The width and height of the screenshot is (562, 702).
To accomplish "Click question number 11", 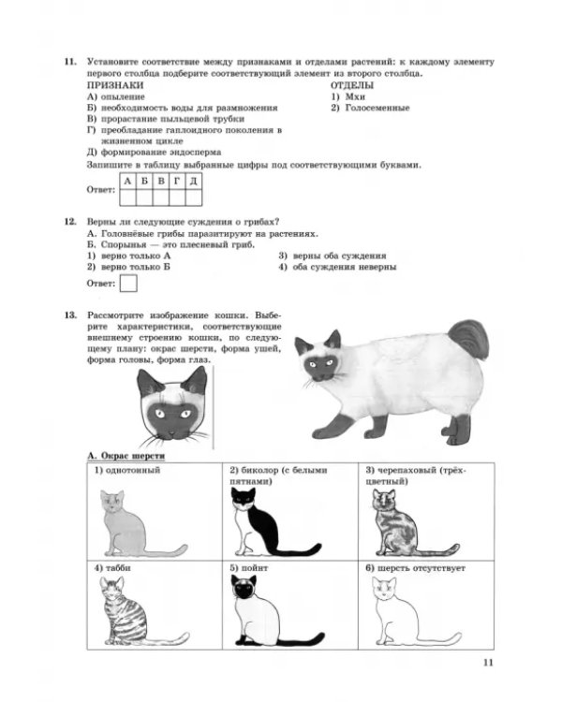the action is point(70,62).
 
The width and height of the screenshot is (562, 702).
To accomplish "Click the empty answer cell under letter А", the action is point(127,197).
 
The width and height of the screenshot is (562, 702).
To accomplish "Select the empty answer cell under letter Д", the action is point(194,197).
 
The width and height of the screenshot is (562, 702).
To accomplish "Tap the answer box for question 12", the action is point(128,284).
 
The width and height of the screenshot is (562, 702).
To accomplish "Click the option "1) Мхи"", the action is point(348,96).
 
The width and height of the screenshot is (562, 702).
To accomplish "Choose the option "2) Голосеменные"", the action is point(370,108).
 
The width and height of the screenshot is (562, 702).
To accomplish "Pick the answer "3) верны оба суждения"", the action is point(333,256).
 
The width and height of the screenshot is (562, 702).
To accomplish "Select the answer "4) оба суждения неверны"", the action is point(337,268).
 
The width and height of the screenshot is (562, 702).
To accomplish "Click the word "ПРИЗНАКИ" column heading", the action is point(115,85).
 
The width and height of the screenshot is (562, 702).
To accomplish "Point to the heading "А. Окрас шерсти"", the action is point(126,456).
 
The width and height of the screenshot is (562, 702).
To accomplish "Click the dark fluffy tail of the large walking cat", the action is point(468,339).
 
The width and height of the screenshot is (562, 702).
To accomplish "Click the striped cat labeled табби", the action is point(135,611).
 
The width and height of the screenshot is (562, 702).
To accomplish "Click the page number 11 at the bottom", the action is point(488,663).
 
